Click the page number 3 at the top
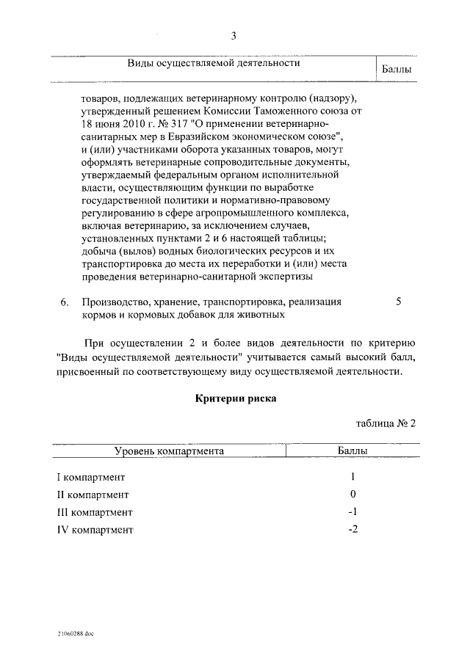[234, 36]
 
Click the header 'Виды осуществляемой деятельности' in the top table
[214, 63]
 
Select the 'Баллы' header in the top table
[397, 70]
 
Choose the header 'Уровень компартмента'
[169, 451]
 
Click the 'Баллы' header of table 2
[353, 451]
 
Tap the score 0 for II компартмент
[353, 495]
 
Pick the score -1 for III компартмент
[352, 512]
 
